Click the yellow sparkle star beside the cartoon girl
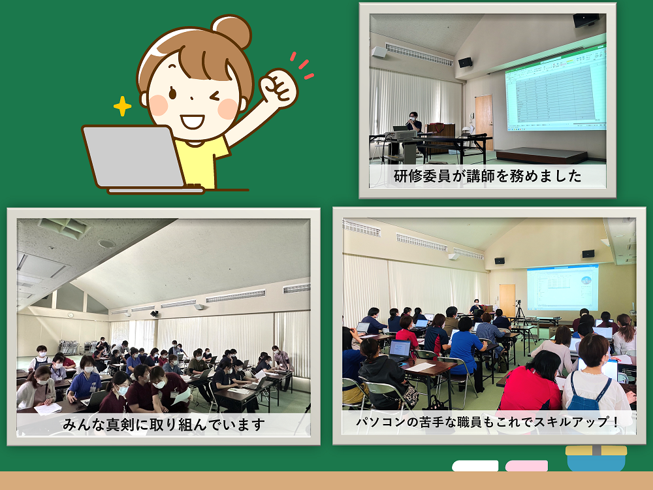[123, 106]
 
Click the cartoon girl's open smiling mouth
[192, 122]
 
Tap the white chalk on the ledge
[475, 466]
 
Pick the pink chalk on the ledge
[526, 466]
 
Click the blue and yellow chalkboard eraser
[596, 459]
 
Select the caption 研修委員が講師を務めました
[487, 176]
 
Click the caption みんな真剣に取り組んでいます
[164, 425]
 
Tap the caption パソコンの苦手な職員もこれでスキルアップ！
[488, 421]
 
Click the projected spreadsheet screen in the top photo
[556, 89]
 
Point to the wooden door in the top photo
[484, 122]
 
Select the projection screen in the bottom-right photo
[563, 287]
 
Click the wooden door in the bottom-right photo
[507, 301]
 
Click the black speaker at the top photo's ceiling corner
[586, 20]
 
